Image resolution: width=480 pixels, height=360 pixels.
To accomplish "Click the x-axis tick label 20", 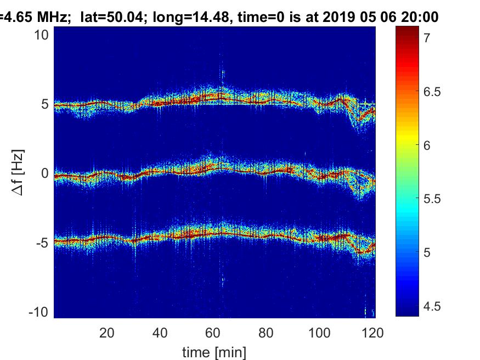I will pyautogui.click(x=107, y=333).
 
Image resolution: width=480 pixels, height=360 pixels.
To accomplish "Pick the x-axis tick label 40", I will pyautogui.click(x=160, y=333).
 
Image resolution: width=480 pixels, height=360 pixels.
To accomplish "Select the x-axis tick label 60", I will pyautogui.click(x=213, y=333).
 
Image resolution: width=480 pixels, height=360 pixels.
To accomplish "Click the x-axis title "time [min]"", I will pyautogui.click(x=214, y=351).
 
